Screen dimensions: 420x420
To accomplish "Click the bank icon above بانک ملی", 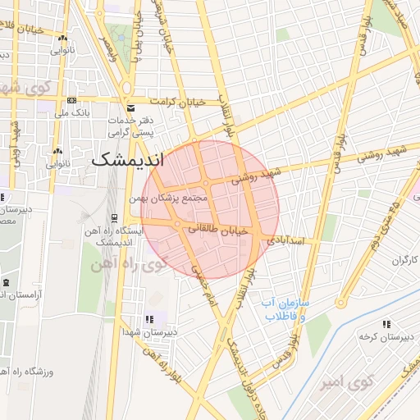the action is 70,101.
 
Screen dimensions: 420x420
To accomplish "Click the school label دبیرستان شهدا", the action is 148,331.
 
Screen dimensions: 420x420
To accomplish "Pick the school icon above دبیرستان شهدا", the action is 148,319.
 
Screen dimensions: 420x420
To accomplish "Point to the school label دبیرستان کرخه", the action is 386,337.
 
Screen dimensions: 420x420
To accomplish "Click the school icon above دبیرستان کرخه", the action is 386,325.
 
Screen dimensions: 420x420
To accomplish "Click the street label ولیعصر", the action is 107,44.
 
